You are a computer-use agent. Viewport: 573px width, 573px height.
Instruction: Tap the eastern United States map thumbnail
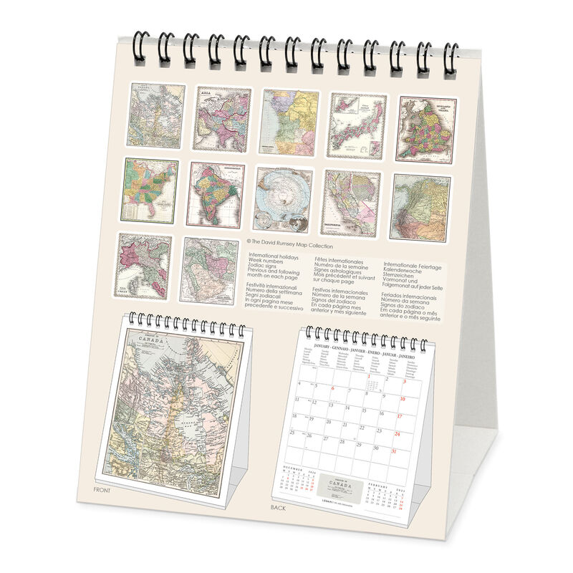point(150,191)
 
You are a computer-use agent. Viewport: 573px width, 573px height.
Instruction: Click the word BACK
point(279,507)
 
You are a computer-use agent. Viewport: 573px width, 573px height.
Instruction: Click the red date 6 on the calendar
point(333,389)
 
